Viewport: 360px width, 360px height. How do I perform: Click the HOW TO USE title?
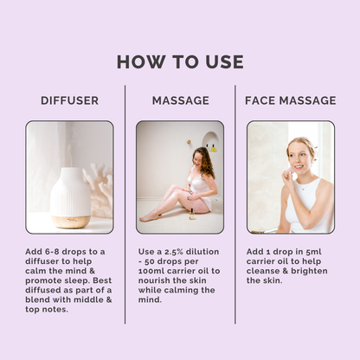[x=180, y=61]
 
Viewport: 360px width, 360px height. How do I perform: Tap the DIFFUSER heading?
[x=69, y=100]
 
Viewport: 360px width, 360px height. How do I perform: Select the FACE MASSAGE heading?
[x=291, y=100]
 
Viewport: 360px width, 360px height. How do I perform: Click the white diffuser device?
[x=71, y=197]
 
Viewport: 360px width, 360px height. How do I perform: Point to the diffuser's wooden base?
[x=71, y=222]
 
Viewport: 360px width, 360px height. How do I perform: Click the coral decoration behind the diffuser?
[x=98, y=189]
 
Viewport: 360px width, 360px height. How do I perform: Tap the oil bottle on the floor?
[x=191, y=214]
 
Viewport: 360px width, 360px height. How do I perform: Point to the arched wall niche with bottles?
[x=210, y=143]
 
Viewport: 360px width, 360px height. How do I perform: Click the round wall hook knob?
[x=190, y=142]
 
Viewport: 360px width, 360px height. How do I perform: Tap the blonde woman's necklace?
[x=303, y=187]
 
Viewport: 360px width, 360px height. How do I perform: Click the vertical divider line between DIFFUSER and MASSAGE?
[x=125, y=204]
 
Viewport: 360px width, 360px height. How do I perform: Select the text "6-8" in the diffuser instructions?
[x=52, y=252]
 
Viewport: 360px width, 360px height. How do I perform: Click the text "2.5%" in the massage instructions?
[x=174, y=252]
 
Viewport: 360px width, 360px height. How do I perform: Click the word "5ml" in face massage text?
[x=313, y=252]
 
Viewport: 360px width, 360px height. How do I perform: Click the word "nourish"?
[x=153, y=280]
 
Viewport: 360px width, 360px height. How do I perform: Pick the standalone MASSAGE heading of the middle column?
[x=181, y=100]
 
